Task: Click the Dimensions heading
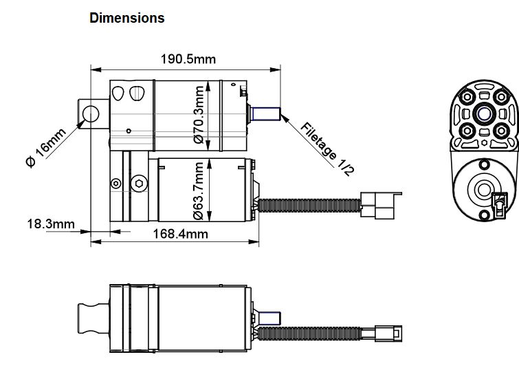[x=127, y=19]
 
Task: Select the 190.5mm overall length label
[x=188, y=59]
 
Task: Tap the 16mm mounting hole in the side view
[x=90, y=112]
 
